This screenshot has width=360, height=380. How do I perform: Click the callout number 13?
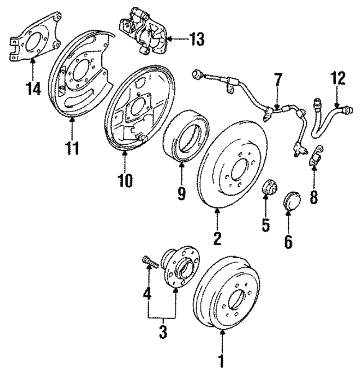point(196,39)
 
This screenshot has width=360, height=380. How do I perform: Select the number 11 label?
point(72,148)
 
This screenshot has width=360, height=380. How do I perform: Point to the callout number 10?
point(125,180)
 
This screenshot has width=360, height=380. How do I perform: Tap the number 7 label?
point(278,79)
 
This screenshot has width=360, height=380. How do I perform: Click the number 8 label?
point(313,196)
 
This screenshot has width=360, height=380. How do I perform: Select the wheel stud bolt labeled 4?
point(150,263)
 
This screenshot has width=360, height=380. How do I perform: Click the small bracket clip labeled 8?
point(316,156)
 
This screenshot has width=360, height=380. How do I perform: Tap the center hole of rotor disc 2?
point(239,169)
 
